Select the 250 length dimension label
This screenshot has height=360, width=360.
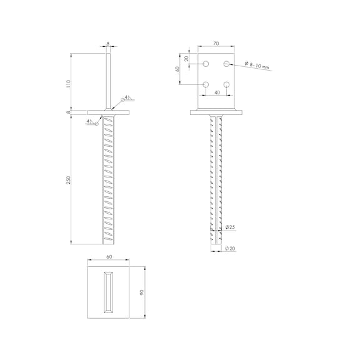[68, 180]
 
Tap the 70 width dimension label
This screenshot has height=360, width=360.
[216, 43]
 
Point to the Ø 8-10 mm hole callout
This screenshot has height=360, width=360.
[257, 65]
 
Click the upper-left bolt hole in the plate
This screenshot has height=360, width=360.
[206, 64]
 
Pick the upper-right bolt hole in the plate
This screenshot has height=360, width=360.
[227, 64]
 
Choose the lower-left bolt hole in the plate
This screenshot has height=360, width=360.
[206, 84]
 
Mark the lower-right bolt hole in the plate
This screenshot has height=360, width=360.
[227, 84]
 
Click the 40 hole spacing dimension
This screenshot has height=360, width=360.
[217, 92]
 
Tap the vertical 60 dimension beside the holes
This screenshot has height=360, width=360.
[177, 69]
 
